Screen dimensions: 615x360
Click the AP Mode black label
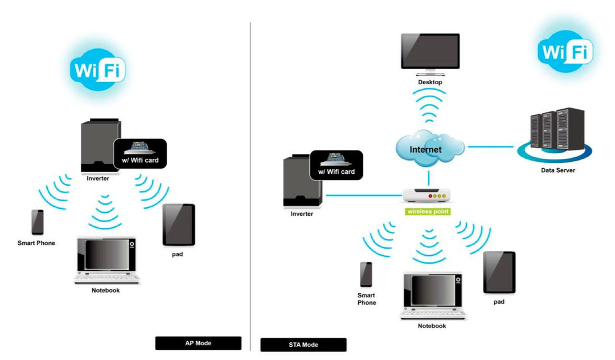198,343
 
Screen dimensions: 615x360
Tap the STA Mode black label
303,345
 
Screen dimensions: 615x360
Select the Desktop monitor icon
430,54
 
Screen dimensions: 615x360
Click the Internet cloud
430,149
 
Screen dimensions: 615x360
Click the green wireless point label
428,212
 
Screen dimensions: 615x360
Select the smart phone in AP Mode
37,222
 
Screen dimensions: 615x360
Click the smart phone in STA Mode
366,275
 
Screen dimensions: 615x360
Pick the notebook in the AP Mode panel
106,260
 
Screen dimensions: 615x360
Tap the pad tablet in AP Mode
179,225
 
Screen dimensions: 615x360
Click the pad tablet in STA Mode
499,273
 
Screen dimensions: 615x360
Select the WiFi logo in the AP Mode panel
98,70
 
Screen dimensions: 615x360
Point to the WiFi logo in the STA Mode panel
565,51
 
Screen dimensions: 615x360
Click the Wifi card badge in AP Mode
140,154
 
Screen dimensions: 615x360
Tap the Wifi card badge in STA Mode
336,165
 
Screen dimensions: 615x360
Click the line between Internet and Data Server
491,147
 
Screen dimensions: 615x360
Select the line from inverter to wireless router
364,195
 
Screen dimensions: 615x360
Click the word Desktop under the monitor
430,82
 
